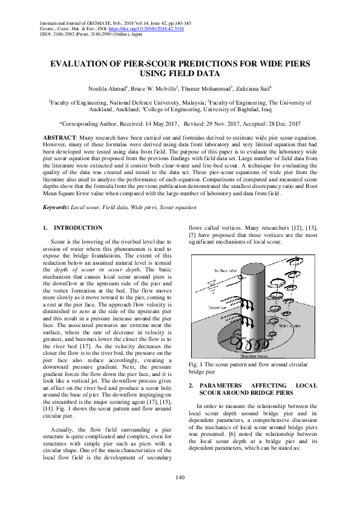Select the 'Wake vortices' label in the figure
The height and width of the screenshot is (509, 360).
290,325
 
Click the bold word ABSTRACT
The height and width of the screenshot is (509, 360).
59,138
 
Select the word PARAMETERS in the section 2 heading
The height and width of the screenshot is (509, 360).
223,385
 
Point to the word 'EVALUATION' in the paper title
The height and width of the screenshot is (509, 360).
82,63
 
